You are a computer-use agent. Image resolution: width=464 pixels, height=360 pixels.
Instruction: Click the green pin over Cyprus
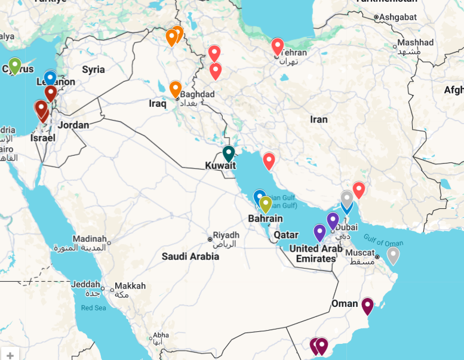15,64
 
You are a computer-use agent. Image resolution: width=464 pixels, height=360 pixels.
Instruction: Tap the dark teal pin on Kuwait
229,153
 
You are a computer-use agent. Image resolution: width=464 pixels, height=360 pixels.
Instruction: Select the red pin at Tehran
277,45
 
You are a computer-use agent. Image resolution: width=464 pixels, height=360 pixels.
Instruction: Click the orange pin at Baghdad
175,88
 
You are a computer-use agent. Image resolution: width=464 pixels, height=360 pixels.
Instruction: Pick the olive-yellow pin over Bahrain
265,204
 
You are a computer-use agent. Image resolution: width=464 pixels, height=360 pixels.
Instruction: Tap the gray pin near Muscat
392,255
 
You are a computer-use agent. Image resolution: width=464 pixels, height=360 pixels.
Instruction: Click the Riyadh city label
226,235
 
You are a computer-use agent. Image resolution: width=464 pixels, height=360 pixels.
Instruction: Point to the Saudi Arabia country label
190,256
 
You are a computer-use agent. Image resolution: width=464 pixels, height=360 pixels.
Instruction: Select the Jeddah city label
85,284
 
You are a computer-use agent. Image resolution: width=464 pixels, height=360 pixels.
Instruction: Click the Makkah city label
130,286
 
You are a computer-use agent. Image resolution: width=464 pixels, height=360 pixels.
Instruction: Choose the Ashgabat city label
397,17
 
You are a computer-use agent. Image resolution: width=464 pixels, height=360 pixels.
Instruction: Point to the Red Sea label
93,307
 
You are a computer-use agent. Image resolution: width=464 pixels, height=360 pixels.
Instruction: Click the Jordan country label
73,125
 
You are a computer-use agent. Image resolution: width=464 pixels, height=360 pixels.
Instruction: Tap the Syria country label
93,70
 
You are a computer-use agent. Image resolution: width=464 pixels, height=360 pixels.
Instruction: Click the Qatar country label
286,235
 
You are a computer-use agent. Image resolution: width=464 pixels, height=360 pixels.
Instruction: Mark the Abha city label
161,335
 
